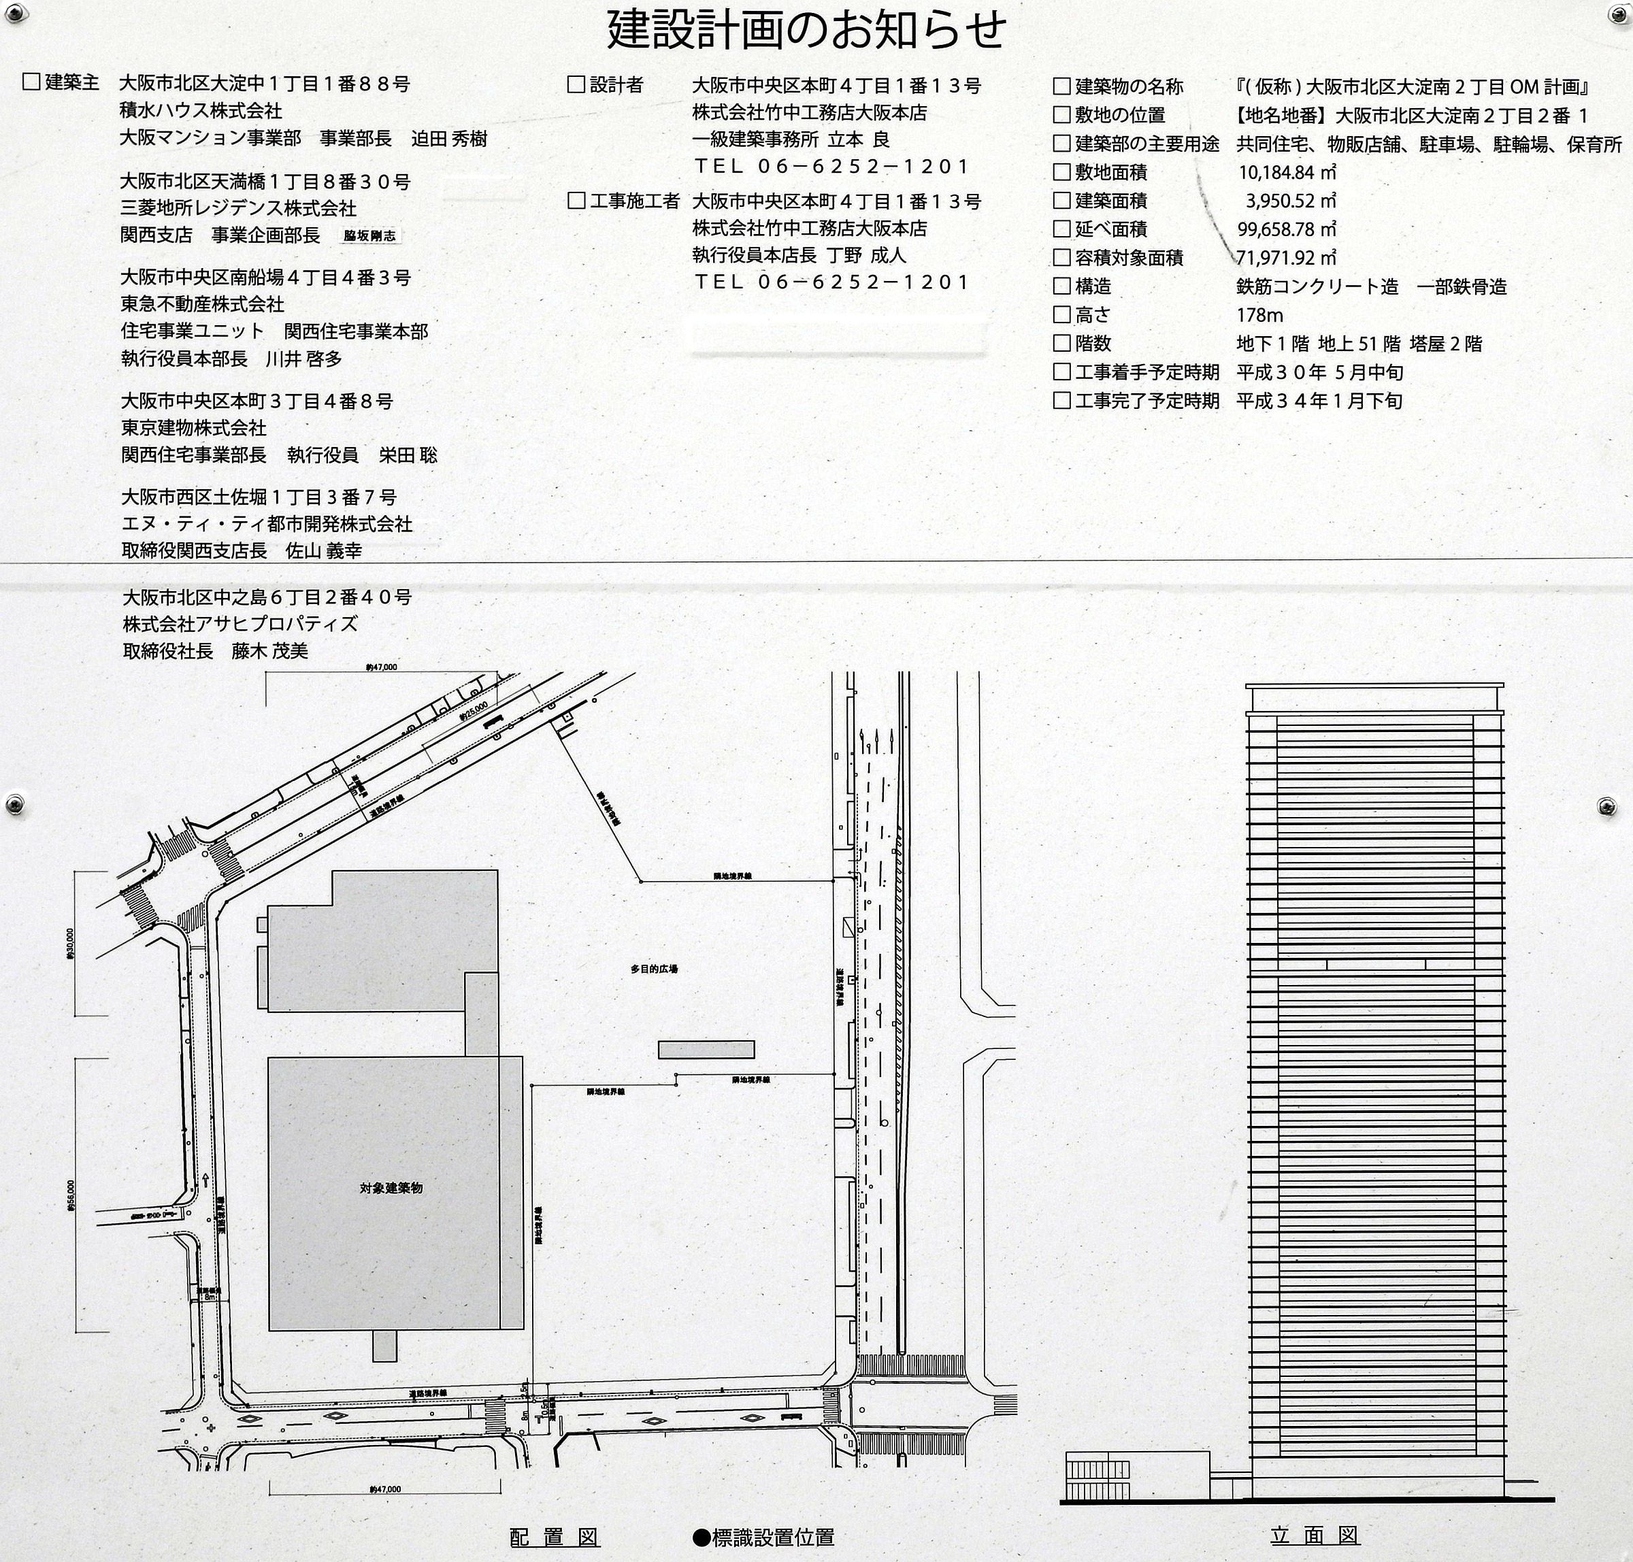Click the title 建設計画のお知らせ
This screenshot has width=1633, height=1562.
point(806,30)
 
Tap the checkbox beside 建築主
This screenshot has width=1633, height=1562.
point(32,82)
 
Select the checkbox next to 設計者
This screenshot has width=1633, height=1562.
point(576,84)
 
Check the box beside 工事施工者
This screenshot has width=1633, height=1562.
point(576,200)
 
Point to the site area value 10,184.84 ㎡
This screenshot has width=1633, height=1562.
point(1287,172)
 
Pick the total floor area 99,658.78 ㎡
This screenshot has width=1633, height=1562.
point(1287,229)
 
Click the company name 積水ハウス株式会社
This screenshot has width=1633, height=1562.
point(201,110)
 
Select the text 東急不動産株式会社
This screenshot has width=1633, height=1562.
point(202,304)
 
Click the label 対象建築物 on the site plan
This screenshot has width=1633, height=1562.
point(391,1188)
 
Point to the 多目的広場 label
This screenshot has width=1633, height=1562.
point(654,968)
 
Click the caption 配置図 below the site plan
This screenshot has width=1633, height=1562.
point(555,1537)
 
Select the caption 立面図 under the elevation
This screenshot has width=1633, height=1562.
point(1314,1535)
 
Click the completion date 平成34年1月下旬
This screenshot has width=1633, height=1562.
point(1319,401)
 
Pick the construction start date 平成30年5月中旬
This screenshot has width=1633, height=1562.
point(1319,372)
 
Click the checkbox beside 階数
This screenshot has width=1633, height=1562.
point(1061,343)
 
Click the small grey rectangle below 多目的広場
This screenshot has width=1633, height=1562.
point(706,1049)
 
